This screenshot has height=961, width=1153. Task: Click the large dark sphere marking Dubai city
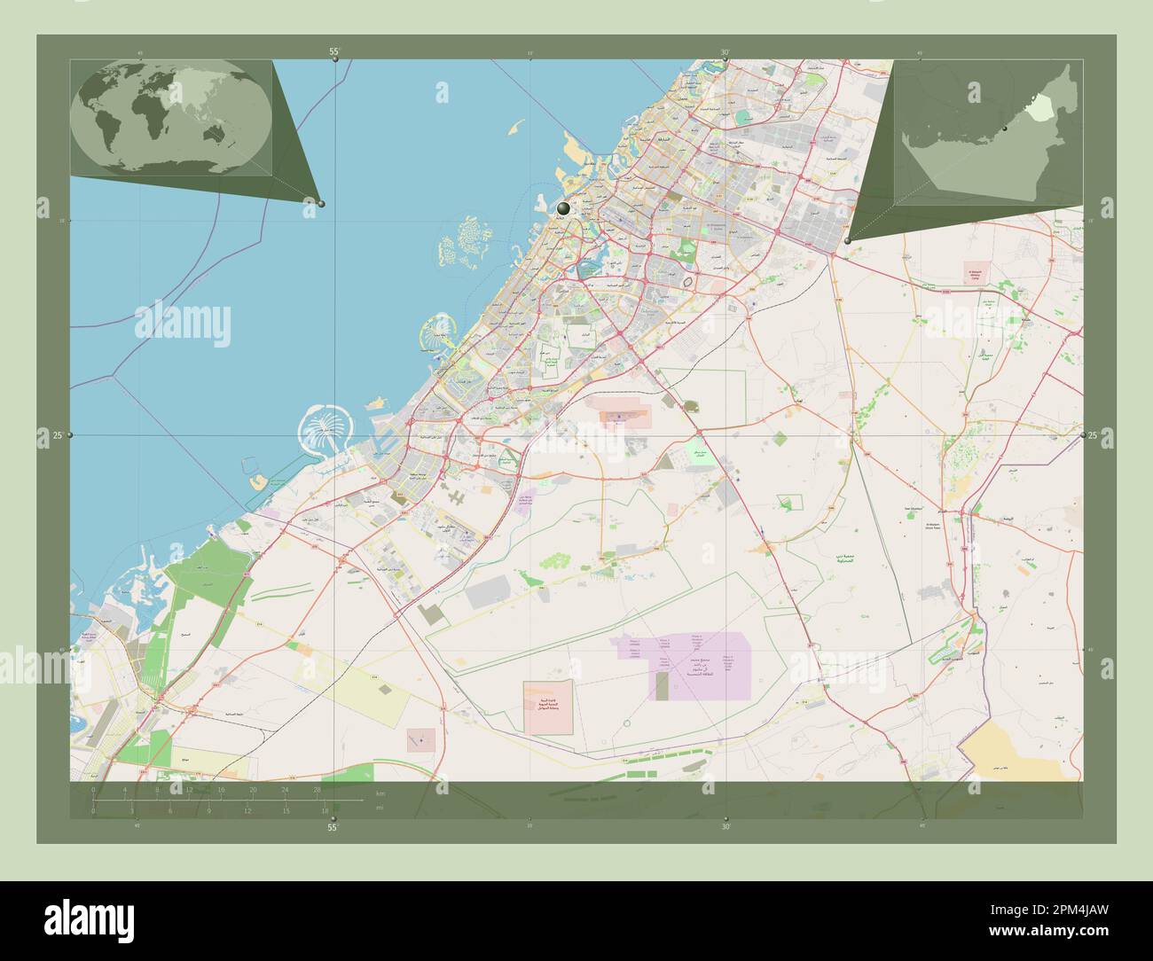(x=563, y=208)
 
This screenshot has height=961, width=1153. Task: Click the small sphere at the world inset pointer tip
(x=321, y=204)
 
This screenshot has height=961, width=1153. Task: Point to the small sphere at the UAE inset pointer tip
(x=848, y=240)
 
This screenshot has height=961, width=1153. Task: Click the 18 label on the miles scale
(x=326, y=810)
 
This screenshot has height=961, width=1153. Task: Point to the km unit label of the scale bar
(x=380, y=793)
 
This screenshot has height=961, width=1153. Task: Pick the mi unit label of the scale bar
(x=379, y=808)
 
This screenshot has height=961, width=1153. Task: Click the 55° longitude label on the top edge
(x=334, y=52)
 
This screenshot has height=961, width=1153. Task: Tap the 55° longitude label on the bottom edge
(x=333, y=828)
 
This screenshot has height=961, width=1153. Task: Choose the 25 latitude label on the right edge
(x=1093, y=435)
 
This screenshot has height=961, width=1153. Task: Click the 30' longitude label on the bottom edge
(x=726, y=827)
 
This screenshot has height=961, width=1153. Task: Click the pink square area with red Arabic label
(x=547, y=707)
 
